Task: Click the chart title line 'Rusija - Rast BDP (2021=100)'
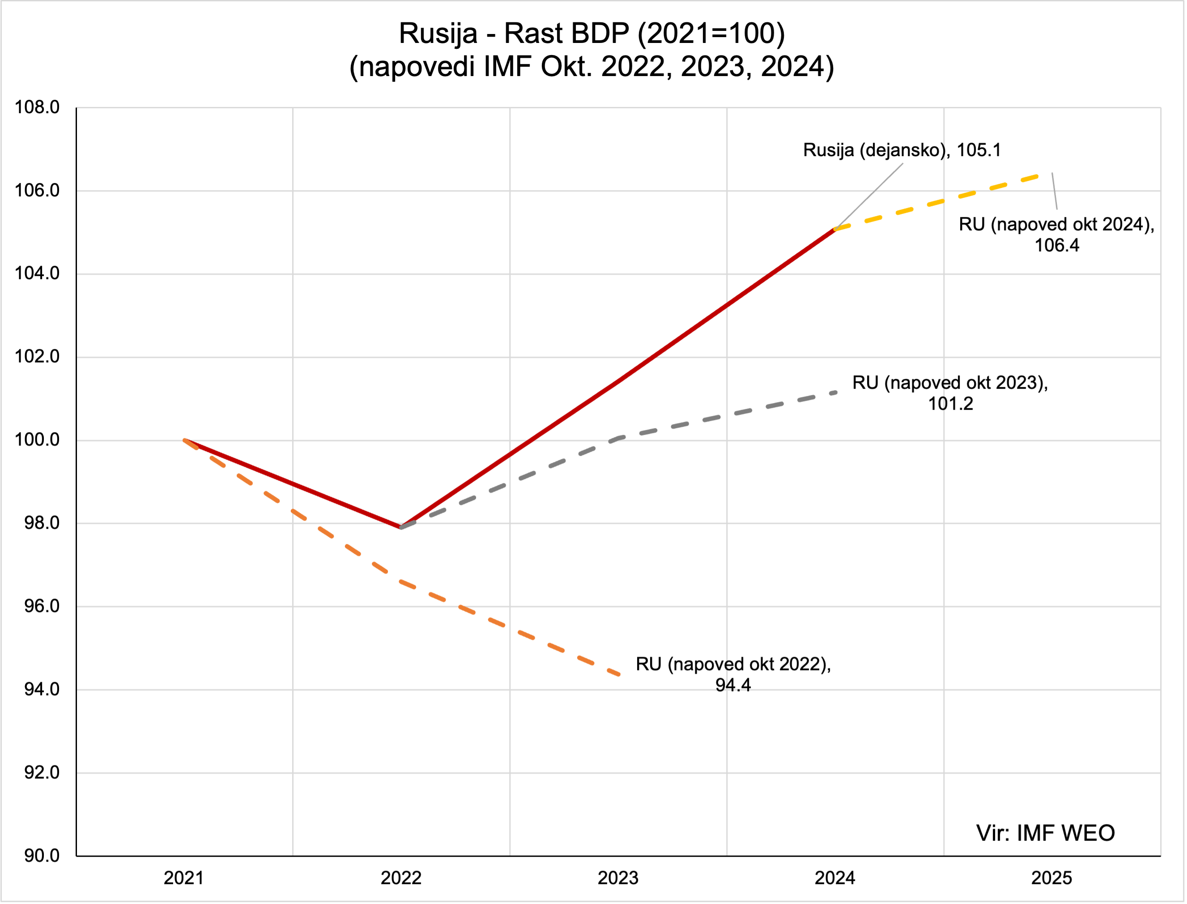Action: click(x=592, y=34)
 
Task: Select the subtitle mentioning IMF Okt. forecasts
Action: click(x=592, y=67)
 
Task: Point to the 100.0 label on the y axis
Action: click(x=37, y=440)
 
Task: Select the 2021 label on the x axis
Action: click(x=183, y=878)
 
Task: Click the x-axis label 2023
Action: click(x=618, y=878)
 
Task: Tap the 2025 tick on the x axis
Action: click(x=1051, y=878)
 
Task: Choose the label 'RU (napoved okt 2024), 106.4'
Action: click(x=1056, y=234)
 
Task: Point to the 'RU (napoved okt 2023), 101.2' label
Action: click(x=950, y=393)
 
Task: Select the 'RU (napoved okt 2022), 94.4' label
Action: click(x=733, y=674)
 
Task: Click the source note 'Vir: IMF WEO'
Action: click(x=1045, y=833)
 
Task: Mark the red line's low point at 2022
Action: click(x=401, y=527)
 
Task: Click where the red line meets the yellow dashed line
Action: click(x=834, y=229)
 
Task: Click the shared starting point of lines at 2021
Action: click(x=184, y=440)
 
